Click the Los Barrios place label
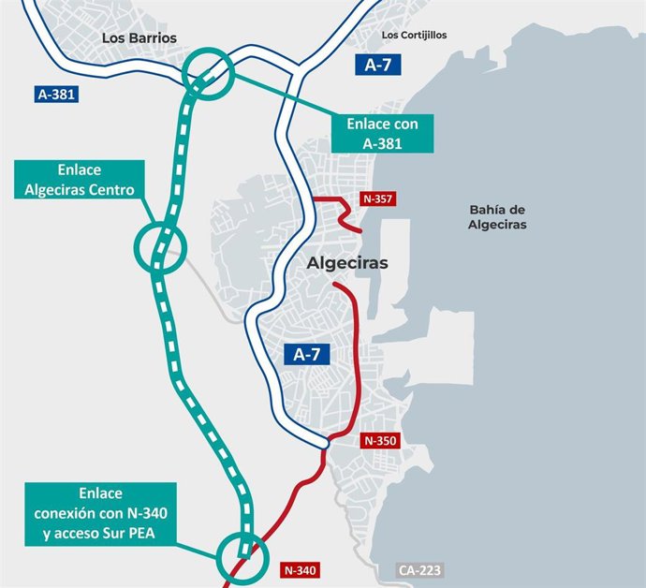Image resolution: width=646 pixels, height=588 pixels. [x=139, y=37]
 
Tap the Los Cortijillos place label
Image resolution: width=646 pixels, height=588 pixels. [x=415, y=35]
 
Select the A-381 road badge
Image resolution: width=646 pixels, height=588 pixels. [x=56, y=94]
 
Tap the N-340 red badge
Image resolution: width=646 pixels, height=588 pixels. [x=301, y=568]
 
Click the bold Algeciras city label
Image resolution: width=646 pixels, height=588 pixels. [x=347, y=264]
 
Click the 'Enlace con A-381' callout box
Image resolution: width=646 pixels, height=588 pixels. [x=382, y=132]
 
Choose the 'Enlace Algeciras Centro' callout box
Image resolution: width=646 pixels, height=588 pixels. [x=80, y=181]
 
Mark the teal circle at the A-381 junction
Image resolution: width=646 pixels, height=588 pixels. [x=208, y=73]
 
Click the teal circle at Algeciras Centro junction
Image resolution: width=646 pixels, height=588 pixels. [x=161, y=245]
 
